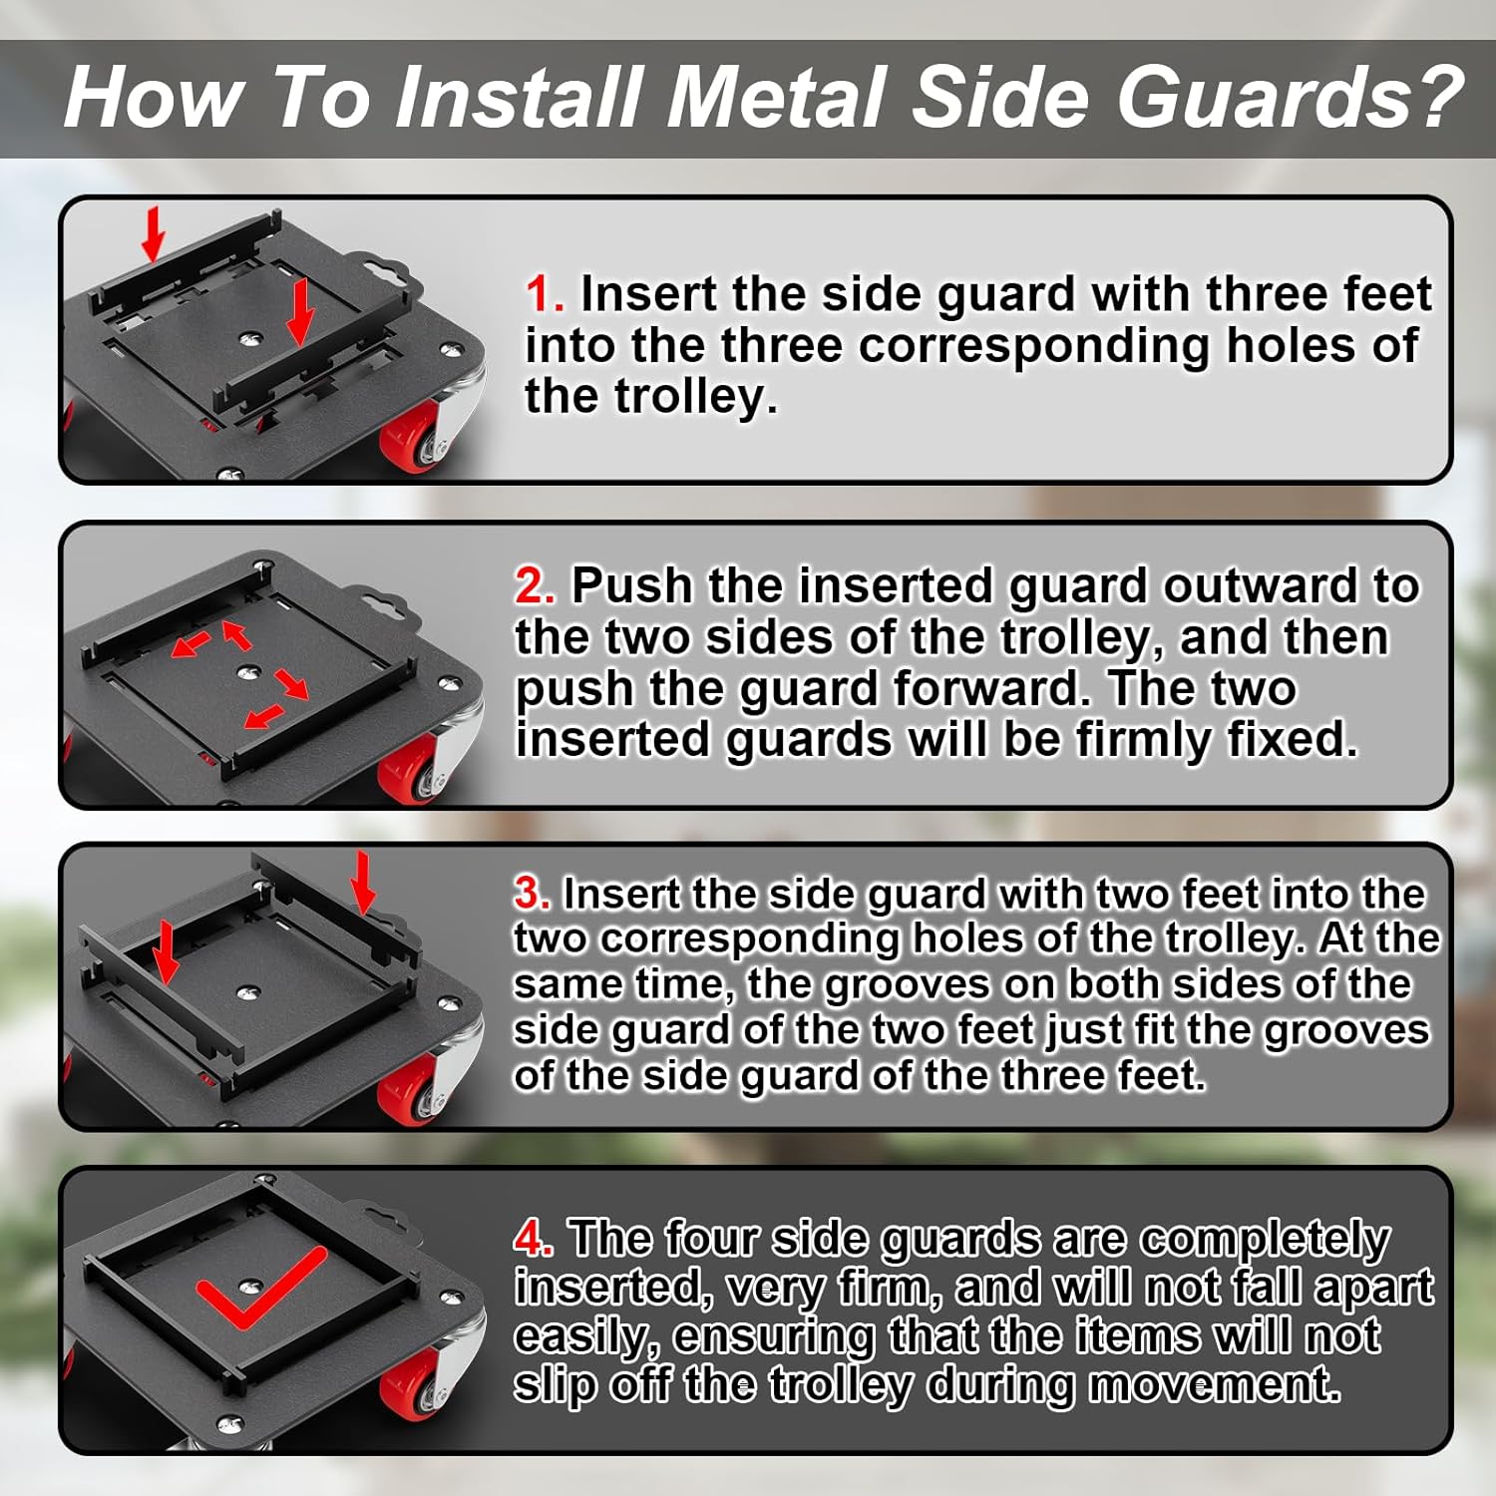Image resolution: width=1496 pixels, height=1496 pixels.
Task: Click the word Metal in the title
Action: (776, 97)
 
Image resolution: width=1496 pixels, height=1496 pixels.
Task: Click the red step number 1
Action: (545, 294)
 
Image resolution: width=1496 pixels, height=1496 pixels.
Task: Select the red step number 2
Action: (535, 585)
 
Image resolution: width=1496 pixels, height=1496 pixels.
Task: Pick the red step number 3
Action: (532, 893)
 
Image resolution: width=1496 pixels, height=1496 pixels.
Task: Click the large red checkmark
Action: (261, 1287)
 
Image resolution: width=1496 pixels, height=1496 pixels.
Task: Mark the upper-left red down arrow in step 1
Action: (153, 234)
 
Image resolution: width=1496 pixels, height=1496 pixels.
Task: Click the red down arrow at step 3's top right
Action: (363, 882)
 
